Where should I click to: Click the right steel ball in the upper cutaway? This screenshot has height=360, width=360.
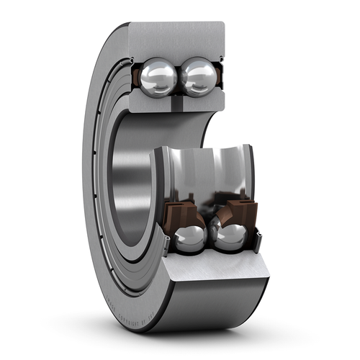point(198,76)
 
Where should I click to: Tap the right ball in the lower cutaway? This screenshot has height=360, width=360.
point(229,237)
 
